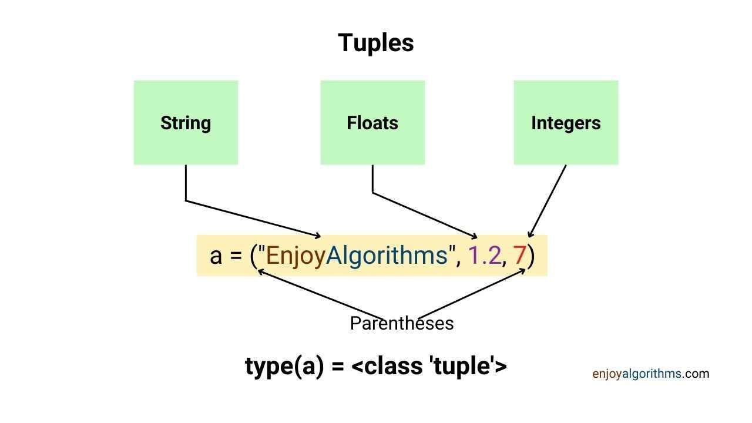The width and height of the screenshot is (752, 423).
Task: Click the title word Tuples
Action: click(x=375, y=43)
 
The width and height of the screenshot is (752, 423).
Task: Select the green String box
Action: click(x=186, y=123)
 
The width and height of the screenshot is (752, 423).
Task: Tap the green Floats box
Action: click(x=372, y=123)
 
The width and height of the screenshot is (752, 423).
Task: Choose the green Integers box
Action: click(x=566, y=123)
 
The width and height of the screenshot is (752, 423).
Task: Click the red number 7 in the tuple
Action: click(x=520, y=256)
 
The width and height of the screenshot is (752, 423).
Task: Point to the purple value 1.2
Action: click(x=485, y=256)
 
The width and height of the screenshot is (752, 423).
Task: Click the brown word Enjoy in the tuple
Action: click(x=296, y=256)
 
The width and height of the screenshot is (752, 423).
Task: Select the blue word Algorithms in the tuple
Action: click(x=387, y=256)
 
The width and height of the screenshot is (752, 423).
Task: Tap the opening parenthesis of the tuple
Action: click(x=253, y=256)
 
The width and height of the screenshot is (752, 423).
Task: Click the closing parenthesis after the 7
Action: click(x=531, y=256)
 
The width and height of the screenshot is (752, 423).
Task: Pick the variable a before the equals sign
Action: click(x=216, y=257)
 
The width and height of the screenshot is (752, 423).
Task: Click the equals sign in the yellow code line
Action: click(x=236, y=256)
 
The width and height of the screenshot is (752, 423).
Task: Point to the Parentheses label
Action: click(x=402, y=323)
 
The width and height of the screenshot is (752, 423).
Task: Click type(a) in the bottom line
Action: click(x=285, y=366)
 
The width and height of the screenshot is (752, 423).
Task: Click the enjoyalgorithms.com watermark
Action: click(x=651, y=374)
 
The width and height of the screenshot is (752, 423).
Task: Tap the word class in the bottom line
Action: click(x=393, y=365)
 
